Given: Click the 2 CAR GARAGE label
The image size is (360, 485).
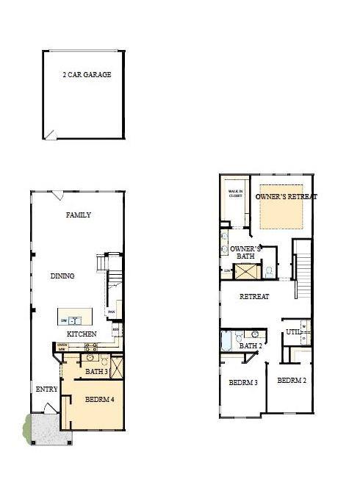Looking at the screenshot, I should point(87,75).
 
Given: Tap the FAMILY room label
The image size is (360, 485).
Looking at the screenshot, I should point(79,215).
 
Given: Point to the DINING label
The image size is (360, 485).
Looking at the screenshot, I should point(62,276).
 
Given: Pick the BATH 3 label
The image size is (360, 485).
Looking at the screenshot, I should point(96,372).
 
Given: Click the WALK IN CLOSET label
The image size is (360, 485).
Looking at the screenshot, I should point(235,195).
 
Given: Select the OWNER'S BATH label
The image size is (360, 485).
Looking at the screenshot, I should point(245,254).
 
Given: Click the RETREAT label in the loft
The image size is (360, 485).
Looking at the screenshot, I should point(254,297).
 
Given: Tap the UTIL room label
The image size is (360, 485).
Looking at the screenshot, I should point(293,332).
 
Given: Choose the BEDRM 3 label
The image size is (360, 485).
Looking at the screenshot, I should point(242,383).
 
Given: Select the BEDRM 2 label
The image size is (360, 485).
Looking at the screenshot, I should point(291,381).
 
